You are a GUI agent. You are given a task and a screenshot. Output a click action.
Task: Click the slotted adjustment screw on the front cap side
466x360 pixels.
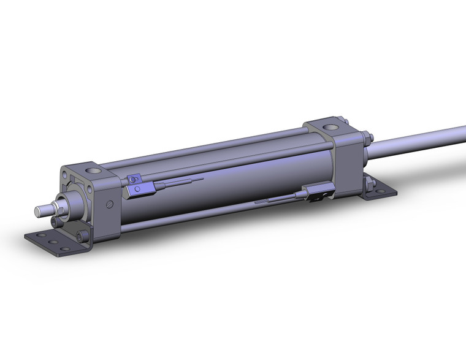coord(110,205)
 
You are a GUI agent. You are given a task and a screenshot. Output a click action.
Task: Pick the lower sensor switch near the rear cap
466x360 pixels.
coord(318,195)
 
